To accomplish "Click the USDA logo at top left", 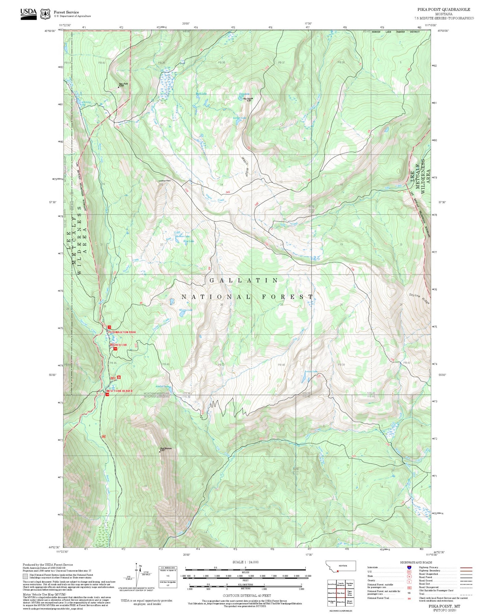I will [28, 14].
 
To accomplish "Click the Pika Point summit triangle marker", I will [252, 98].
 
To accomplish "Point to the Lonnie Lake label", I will [239, 118].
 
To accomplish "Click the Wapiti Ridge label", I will [245, 166].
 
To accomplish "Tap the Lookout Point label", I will [164, 180].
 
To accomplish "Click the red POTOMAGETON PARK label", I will [122, 332].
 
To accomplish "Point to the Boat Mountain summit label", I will [166, 449].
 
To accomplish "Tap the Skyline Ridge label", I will [419, 299].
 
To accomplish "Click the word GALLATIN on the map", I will [244, 280].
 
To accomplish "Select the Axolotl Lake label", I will [163, 386].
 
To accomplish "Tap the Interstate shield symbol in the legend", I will [409, 567].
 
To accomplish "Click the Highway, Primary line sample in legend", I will [466, 567].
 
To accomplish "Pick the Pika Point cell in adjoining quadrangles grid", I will [341, 593].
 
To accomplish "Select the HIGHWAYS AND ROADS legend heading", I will [416, 562].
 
